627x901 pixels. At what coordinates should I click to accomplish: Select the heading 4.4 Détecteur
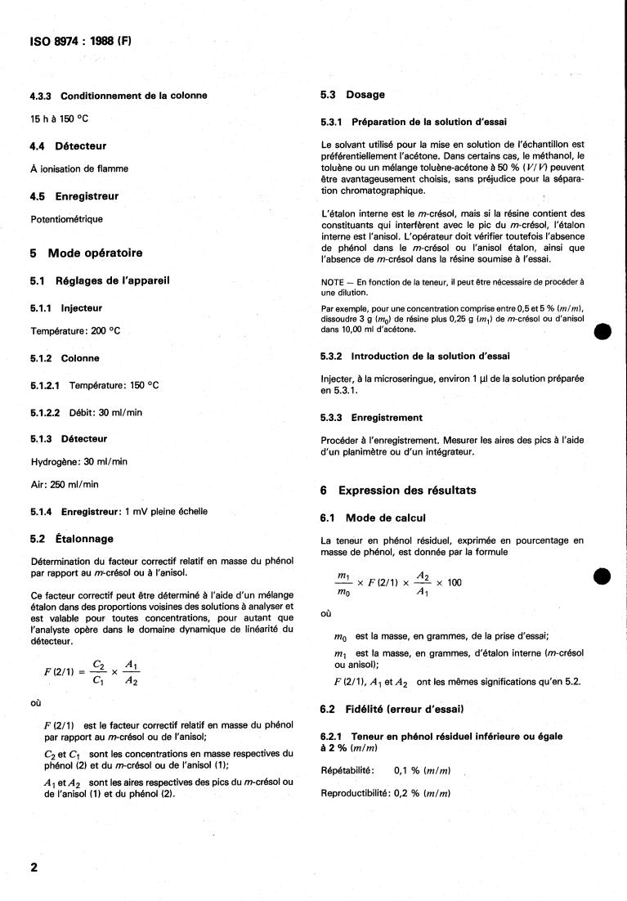click(69, 146)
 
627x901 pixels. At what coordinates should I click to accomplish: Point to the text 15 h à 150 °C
click(59, 119)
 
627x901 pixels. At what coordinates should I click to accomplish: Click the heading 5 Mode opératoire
click(86, 253)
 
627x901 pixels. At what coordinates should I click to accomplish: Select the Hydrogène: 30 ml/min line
click(78, 461)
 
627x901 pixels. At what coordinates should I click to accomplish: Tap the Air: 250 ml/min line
click(64, 484)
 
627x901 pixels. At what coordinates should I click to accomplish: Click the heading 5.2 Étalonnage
click(72, 539)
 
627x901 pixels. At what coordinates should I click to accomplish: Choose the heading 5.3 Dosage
click(353, 95)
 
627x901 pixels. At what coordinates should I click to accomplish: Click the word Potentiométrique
click(67, 219)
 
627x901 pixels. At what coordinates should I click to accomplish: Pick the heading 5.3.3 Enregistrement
click(372, 417)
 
